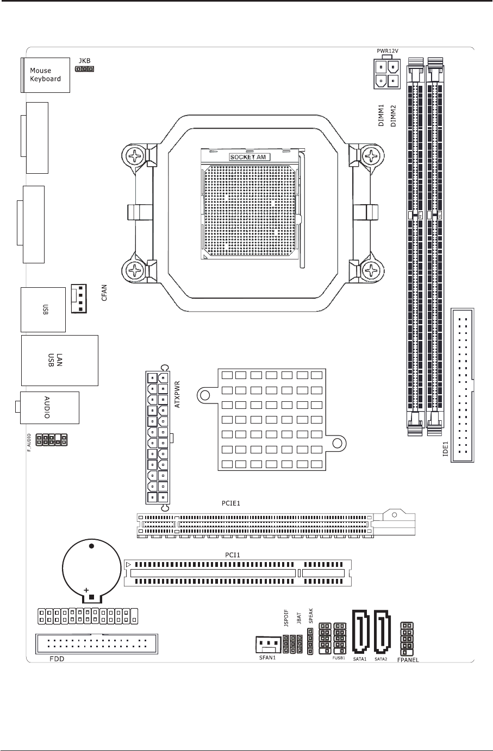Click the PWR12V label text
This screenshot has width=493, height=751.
[388, 51]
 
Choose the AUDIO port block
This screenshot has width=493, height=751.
[49, 407]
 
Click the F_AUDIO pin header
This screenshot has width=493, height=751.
[51, 439]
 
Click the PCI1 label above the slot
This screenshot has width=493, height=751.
[233, 555]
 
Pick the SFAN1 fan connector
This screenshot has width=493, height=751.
[266, 645]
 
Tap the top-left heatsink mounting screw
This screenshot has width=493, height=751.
[135, 157]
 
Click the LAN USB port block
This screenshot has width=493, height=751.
[59, 360]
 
